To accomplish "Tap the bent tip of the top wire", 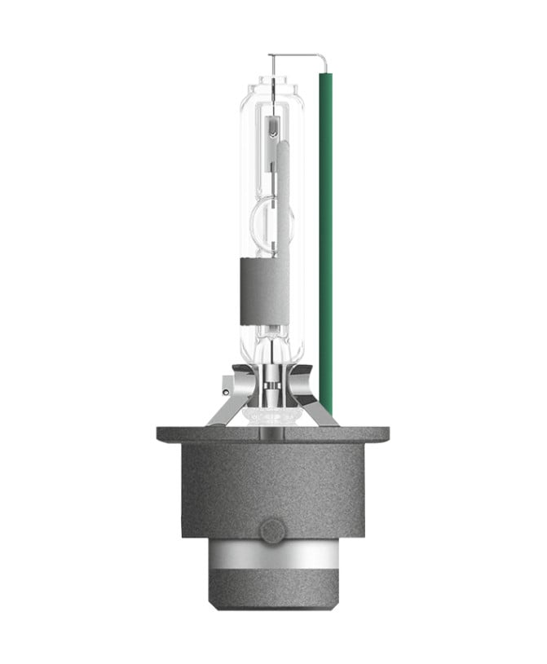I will coord(322,62).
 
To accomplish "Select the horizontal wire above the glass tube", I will coord(293,55).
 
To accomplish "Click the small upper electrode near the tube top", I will coord(271,126).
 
